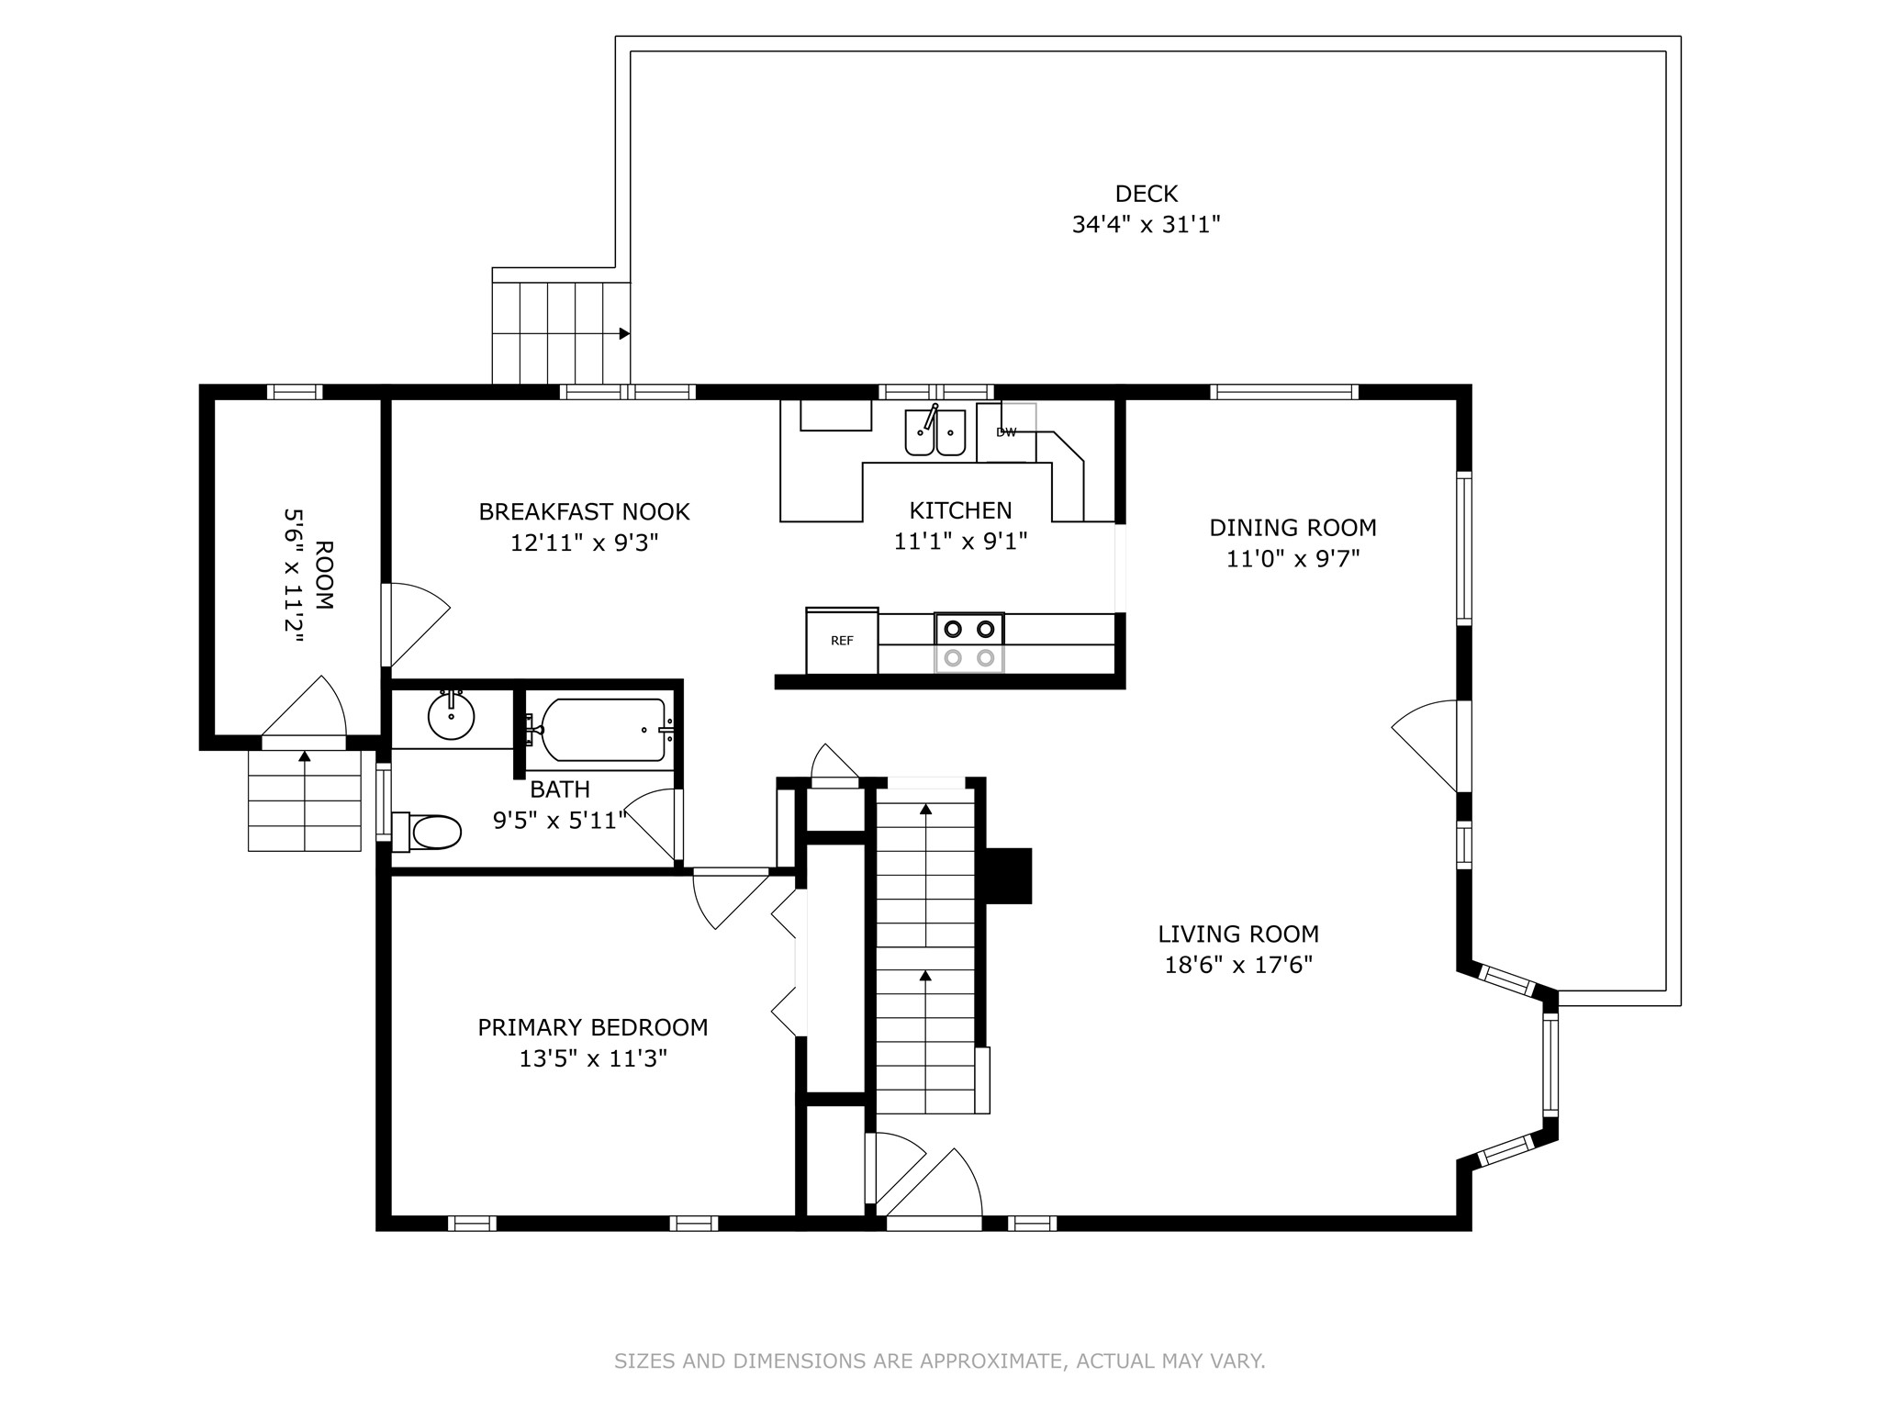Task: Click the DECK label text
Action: (1146, 194)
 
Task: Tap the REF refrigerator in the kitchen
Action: (842, 641)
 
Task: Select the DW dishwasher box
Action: (1006, 432)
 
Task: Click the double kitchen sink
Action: (935, 431)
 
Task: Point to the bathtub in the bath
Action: (602, 730)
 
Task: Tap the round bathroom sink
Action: (451, 716)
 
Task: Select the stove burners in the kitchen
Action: (969, 643)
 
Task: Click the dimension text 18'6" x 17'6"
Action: (1238, 966)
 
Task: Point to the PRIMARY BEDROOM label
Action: (593, 1027)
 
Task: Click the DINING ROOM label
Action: (1292, 528)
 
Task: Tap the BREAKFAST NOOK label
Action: (584, 511)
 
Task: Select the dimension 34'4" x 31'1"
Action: (1146, 225)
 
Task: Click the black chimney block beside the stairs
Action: (1009, 876)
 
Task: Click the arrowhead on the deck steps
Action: (624, 333)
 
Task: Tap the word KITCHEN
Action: (960, 510)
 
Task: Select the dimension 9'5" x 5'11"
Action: (560, 820)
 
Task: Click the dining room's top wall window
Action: (1284, 392)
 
